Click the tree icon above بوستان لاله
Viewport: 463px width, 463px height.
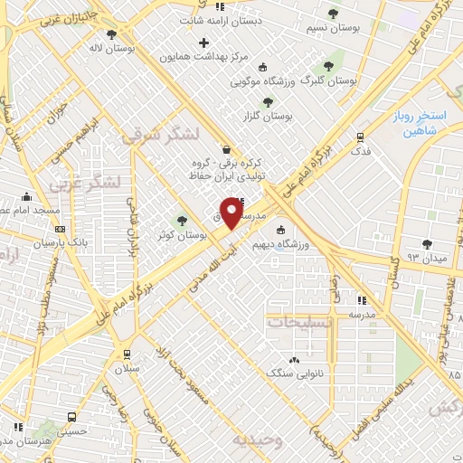(x=111, y=34)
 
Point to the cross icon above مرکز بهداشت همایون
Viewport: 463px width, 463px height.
(x=203, y=42)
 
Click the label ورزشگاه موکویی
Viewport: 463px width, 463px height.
(x=263, y=81)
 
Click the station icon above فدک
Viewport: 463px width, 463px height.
(x=361, y=137)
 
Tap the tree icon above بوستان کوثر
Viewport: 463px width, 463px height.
(x=183, y=220)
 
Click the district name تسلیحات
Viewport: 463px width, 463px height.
(x=298, y=322)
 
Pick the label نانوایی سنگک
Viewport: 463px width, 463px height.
(x=296, y=373)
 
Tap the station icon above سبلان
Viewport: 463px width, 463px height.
(x=125, y=354)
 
